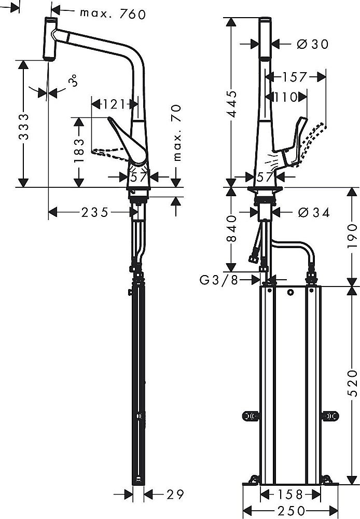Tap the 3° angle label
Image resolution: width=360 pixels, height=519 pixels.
pyautogui.click(x=74, y=81)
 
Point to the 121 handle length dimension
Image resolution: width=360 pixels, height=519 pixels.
pyautogui.click(x=114, y=104)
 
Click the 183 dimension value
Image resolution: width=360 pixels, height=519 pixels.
pyautogui.click(x=78, y=151)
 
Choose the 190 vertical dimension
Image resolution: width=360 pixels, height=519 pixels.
pyautogui.click(x=351, y=234)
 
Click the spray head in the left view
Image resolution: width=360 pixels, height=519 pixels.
pyautogui.click(x=49, y=39)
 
